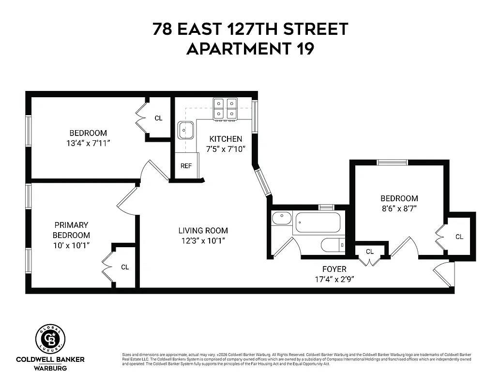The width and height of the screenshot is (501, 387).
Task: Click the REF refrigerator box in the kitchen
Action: coord(186,166)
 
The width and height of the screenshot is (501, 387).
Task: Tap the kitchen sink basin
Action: coord(185,130)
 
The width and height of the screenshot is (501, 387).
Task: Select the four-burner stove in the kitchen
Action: coord(226,109)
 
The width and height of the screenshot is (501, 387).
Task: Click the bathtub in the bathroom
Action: coord(318,223)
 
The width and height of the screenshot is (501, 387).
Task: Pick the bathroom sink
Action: coord(281,218)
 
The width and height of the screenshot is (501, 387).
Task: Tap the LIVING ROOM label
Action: coord(203,231)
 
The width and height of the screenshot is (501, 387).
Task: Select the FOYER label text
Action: coord(334,269)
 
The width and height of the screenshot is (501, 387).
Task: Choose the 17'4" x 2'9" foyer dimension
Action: coord(334,279)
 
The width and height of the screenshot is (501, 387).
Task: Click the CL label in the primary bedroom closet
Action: coord(125,267)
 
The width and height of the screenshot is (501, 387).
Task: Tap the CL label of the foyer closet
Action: coord(370,252)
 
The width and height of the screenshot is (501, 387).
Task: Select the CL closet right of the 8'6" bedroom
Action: coord(459,237)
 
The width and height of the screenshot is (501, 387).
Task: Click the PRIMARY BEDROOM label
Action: coord(71,230)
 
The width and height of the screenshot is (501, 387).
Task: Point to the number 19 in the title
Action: coord(304,49)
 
